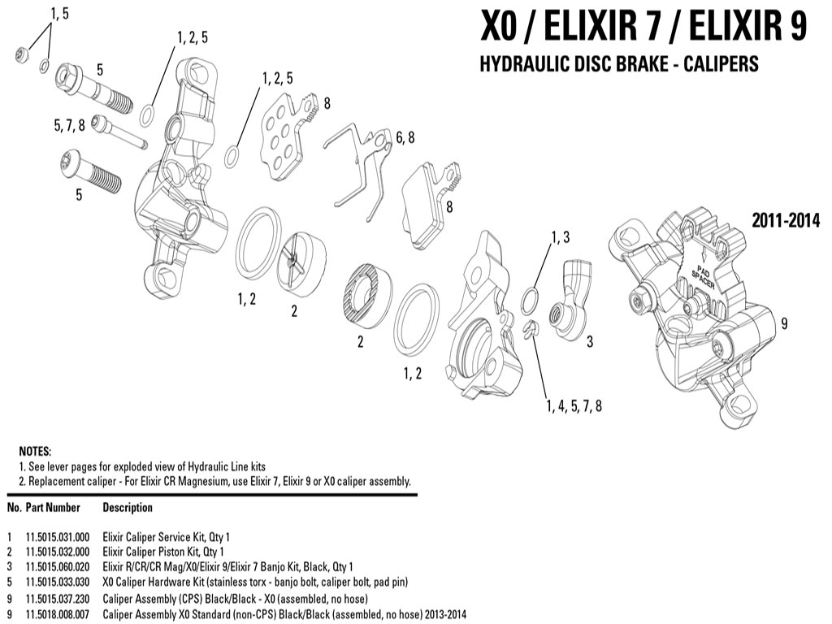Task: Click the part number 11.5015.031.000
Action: point(58,537)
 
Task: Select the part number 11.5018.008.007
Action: point(58,614)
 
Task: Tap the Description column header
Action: point(128,508)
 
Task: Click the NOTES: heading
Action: point(35,452)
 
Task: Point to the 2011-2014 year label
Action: point(786,219)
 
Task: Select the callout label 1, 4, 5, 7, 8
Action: point(574,406)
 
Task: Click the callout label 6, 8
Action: point(405,137)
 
